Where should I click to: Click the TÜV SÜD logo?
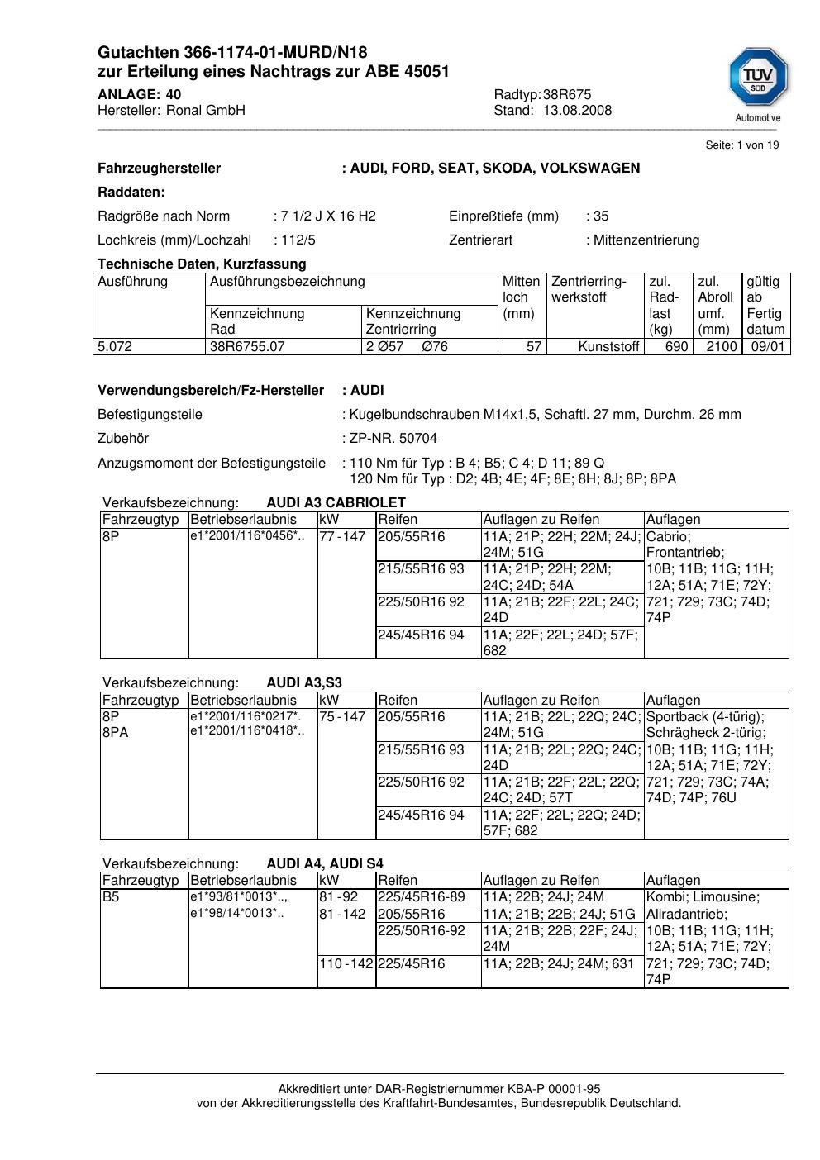pyautogui.click(x=758, y=83)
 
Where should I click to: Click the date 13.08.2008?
pyautogui.click(x=577, y=111)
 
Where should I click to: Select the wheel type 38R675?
pyautogui.click(x=567, y=94)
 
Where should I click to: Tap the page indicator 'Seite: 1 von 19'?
pyautogui.click(x=741, y=145)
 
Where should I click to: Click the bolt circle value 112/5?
pyautogui.click(x=298, y=240)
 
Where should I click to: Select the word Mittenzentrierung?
pyautogui.click(x=646, y=240)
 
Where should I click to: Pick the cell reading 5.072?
pyautogui.click(x=115, y=347)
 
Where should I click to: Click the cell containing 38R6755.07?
pyautogui.click(x=247, y=347)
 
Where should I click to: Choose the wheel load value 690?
pyautogui.click(x=676, y=347)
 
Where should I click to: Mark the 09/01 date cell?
pyautogui.click(x=767, y=347)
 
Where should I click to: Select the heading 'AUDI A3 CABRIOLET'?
pyautogui.click(x=336, y=503)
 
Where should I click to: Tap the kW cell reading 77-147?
pyautogui.click(x=341, y=537)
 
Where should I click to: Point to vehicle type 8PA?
pyautogui.click(x=116, y=733)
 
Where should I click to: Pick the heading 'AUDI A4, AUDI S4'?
pyautogui.click(x=325, y=864)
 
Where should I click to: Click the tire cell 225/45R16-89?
pyautogui.click(x=422, y=897)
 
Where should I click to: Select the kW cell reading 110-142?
pyautogui.click(x=346, y=964)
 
